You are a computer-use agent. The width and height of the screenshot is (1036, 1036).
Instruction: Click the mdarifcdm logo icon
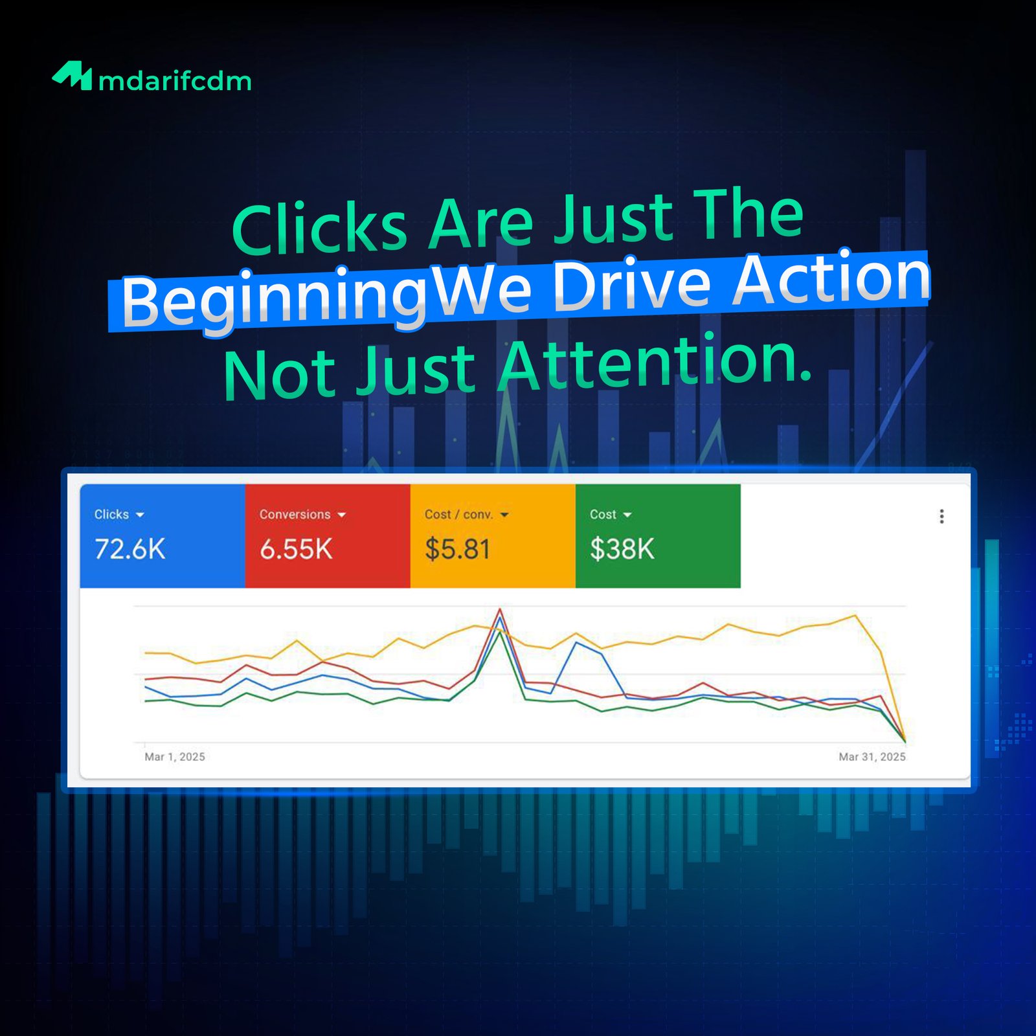(72, 76)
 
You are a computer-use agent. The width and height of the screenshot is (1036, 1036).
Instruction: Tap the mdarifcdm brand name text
(175, 81)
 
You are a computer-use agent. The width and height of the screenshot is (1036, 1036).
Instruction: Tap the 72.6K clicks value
(130, 550)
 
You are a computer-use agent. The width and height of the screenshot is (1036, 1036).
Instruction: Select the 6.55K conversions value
(296, 550)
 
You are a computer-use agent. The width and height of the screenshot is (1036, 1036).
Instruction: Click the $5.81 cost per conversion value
(458, 550)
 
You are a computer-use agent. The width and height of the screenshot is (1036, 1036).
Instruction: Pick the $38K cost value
(622, 550)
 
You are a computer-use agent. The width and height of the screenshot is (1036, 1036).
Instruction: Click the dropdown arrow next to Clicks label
(140, 515)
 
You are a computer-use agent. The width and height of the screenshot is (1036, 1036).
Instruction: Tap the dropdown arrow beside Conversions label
(342, 515)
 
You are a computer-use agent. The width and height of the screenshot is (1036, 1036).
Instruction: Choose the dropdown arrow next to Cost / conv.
(504, 515)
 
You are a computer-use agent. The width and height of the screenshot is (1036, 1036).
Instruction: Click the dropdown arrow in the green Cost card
(627, 515)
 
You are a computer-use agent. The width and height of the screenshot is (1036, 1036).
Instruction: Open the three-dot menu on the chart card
(941, 516)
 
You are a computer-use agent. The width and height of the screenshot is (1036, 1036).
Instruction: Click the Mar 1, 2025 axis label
(175, 757)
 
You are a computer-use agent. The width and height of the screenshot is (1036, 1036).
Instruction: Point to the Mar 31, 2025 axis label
(872, 757)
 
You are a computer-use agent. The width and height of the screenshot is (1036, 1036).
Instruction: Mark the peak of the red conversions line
(500, 609)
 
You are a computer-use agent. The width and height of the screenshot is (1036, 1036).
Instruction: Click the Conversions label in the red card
(295, 515)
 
